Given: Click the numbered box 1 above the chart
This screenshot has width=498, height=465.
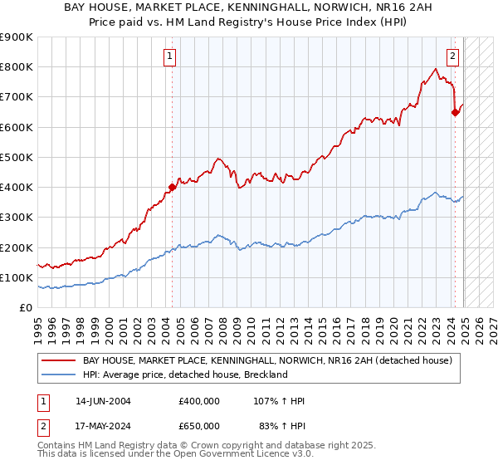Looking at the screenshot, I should (x=169, y=56).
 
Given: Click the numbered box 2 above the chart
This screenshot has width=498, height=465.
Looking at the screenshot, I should (x=452, y=56).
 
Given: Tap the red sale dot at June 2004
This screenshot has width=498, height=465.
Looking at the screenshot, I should (x=172, y=187).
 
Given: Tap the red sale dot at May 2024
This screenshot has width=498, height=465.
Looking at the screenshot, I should (x=455, y=113).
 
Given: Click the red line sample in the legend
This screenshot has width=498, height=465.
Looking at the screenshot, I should (x=59, y=360).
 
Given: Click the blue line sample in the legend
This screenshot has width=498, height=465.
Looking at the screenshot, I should (x=59, y=374).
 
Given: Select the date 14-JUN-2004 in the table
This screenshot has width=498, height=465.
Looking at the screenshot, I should (x=103, y=401).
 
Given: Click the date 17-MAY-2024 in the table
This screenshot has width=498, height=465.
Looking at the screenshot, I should (x=103, y=425).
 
